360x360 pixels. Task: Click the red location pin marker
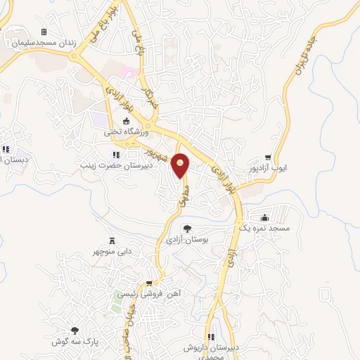181,165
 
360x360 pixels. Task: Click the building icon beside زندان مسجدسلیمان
44,32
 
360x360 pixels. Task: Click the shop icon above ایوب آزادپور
268,157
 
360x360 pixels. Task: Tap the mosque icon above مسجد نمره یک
263,218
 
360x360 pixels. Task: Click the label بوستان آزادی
186,240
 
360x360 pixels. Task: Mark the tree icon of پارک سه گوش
74,330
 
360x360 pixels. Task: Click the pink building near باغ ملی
130,72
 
